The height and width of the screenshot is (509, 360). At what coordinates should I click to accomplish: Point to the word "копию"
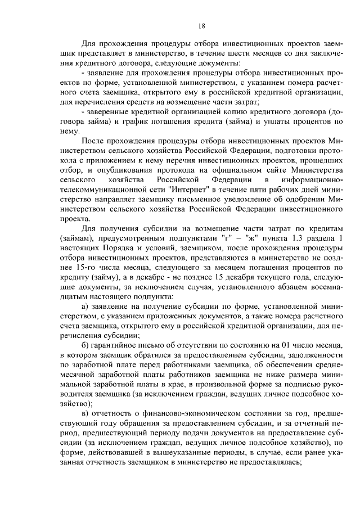click(x=211, y=111)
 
